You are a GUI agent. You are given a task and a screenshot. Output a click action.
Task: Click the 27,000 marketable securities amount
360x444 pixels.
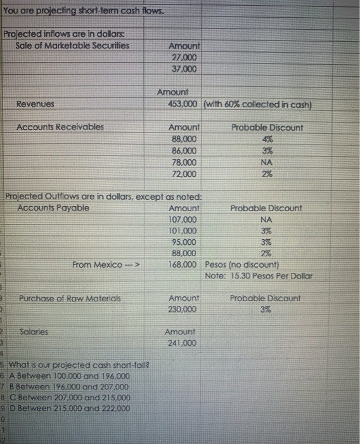pos(184,57)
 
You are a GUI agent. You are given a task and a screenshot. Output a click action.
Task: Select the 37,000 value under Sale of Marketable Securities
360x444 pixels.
pos(184,69)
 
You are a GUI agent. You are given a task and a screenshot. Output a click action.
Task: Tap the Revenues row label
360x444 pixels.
pos(35,103)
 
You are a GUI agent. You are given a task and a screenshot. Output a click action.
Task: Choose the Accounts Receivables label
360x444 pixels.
pos(60,127)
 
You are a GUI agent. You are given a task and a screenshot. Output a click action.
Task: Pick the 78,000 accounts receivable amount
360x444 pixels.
pos(184,162)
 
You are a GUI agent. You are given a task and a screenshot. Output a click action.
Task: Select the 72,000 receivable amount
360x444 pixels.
pos(184,173)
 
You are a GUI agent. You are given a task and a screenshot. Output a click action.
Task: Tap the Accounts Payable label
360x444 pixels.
pos(53,208)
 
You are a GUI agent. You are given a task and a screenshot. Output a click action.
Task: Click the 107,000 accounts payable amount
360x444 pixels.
pos(184,219)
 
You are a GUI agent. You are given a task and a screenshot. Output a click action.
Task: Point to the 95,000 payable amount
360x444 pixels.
pos(184,242)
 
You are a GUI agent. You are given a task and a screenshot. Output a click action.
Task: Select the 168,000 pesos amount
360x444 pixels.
pos(184,264)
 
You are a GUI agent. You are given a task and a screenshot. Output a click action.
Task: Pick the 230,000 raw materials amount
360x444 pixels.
pos(184,309)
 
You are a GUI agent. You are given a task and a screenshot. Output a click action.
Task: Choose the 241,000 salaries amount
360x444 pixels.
pos(181,343)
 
